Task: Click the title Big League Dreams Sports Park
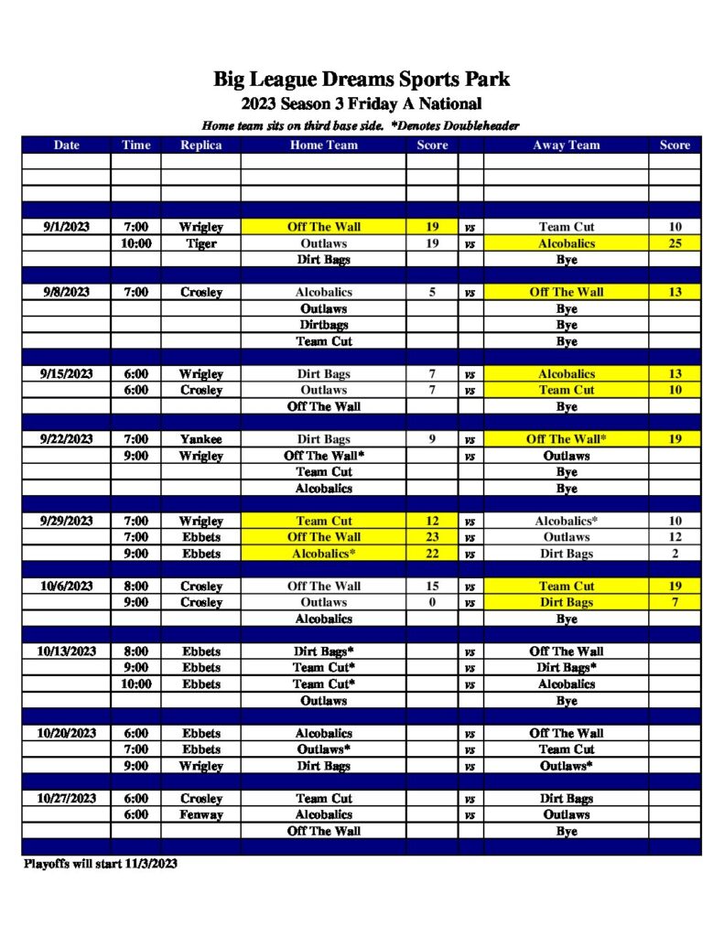pos(362,79)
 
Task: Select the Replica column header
pos(200,145)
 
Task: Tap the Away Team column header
pos(566,145)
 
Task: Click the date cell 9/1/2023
pos(66,227)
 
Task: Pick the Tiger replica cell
pos(200,243)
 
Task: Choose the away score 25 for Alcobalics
pos(675,243)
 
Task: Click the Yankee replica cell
pos(200,439)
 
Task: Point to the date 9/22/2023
pos(66,439)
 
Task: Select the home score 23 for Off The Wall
pos(432,537)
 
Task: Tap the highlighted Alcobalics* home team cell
pos(323,554)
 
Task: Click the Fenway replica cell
pos(200,814)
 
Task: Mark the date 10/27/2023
pos(66,798)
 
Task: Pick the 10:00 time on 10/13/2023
pos(135,684)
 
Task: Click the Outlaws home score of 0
pos(432,602)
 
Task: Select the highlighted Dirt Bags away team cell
pos(566,602)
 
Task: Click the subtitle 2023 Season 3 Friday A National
pos(362,104)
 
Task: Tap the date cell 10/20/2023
pos(66,733)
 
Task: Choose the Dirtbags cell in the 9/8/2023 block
pos(323,325)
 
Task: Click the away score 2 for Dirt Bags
pos(675,554)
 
